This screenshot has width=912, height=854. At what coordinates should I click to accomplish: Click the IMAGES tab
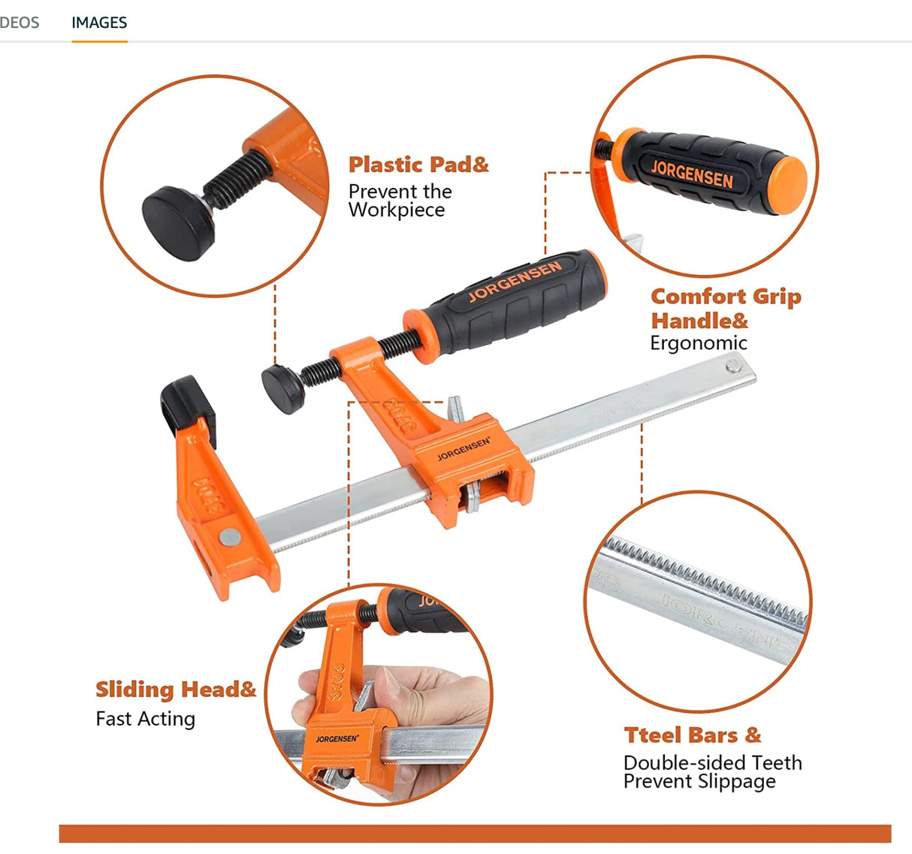pyautogui.click(x=99, y=23)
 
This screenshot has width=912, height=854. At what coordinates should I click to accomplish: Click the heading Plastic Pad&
pyautogui.click(x=418, y=164)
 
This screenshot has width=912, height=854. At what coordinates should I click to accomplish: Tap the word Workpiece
pyautogui.click(x=397, y=210)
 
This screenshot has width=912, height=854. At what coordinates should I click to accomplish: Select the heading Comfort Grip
pyautogui.click(x=726, y=297)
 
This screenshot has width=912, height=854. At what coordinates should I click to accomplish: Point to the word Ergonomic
pyautogui.click(x=698, y=343)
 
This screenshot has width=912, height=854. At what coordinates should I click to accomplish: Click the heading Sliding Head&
pyautogui.click(x=176, y=690)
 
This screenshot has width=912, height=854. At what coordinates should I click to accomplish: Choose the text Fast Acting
pyautogui.click(x=145, y=719)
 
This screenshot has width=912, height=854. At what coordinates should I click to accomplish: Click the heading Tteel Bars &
pyautogui.click(x=692, y=735)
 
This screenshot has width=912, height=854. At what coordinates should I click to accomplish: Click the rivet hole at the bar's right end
pyautogui.click(x=732, y=367)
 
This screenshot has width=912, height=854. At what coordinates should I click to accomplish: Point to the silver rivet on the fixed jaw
pyautogui.click(x=229, y=536)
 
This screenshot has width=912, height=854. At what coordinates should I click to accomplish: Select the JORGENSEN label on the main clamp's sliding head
pyautogui.click(x=464, y=448)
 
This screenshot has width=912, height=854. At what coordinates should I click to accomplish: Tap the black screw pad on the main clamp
pyautogui.click(x=282, y=388)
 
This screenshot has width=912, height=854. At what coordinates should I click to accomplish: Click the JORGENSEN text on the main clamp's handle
pyautogui.click(x=515, y=280)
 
